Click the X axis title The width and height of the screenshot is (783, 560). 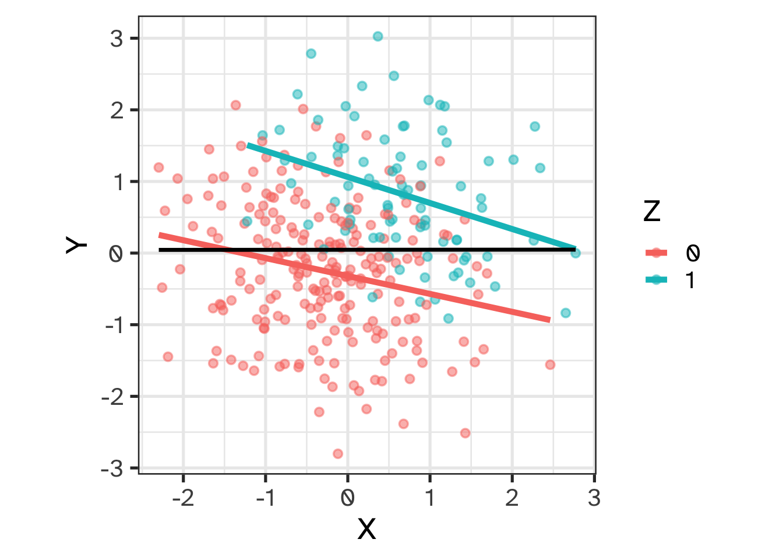[x=366, y=529]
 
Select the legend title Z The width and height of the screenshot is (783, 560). [x=652, y=211]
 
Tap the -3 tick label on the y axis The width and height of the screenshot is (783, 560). [x=113, y=468]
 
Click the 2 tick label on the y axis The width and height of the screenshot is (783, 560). [x=117, y=110]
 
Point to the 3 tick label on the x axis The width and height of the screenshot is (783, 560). [x=594, y=498]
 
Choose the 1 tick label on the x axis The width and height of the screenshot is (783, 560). [x=430, y=498]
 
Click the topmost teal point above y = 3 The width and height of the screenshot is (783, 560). [x=378, y=36]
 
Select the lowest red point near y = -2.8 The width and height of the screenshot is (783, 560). [x=338, y=454]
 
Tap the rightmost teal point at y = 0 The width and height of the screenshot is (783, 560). [x=576, y=253]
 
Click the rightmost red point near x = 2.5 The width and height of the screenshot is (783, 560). [x=550, y=365]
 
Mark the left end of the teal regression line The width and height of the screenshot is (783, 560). [x=248, y=145]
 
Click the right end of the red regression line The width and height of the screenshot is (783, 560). [x=549, y=320]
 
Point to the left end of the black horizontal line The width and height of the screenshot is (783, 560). [x=160, y=250]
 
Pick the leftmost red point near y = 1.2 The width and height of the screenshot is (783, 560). [x=158, y=167]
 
